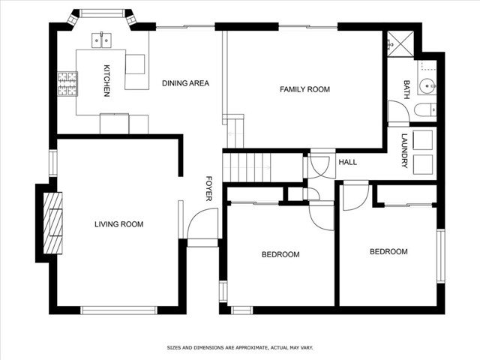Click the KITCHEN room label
106,80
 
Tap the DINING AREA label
185,83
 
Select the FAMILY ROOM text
305,89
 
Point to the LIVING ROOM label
118,224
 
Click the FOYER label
208,188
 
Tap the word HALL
348,162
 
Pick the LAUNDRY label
405,151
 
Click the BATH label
406,90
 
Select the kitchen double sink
102,40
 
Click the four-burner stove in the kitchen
67,83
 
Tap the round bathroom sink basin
426,86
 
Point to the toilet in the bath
425,110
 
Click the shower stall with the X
400,43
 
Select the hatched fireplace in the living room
52,223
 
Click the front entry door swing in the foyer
202,223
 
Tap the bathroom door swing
399,112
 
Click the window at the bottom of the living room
118,310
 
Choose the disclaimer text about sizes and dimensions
240,348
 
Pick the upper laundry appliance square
423,140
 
